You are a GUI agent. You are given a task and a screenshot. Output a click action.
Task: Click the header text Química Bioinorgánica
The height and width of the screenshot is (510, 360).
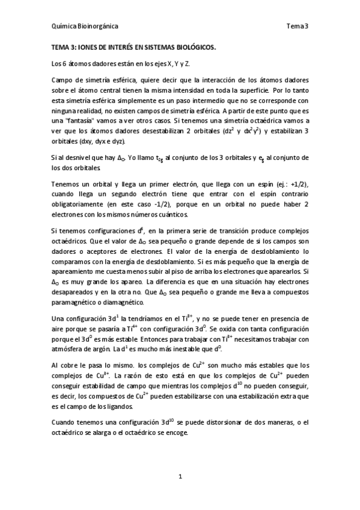(84, 26)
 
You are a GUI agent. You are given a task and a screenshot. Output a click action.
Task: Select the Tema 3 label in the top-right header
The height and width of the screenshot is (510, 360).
(297, 26)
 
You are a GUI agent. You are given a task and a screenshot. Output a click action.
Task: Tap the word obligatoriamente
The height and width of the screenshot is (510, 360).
(79, 204)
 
